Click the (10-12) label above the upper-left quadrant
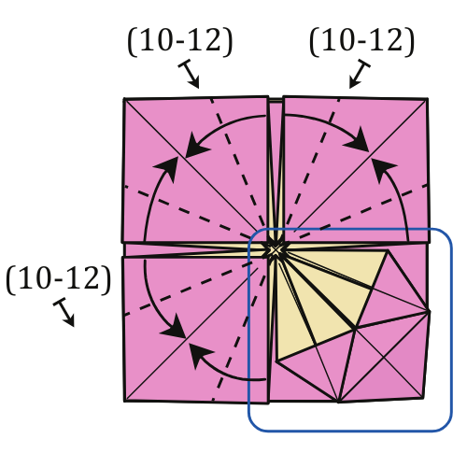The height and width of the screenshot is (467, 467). pos(180,42)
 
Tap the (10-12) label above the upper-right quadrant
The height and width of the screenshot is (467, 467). pos(361,42)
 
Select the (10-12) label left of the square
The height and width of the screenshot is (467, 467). pos(59,279)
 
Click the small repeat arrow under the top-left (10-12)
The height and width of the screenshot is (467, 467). pos(189,74)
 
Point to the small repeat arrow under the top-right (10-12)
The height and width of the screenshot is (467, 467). pos(360,74)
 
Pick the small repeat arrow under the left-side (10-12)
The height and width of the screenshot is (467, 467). pos(64,312)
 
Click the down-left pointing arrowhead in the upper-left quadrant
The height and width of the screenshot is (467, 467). pos(197,146)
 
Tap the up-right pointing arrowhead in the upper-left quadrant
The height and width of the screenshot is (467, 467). pos(167,169)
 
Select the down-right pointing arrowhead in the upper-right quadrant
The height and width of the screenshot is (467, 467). pos(357,139)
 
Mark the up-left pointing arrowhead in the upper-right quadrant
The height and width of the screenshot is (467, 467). pos(383,170)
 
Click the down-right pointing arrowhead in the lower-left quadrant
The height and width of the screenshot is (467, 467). pos(175,327)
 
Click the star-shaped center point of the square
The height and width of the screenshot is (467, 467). pos(275,250)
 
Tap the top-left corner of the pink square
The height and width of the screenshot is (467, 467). pos(124,99)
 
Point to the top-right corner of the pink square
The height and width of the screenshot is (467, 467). pos(428,99)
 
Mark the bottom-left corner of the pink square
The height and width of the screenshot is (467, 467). pos(124,401)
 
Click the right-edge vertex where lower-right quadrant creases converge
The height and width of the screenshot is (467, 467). pos(429,311)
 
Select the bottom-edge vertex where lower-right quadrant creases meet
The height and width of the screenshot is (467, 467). pos(339,402)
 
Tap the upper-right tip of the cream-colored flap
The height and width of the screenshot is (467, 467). pos(388,250)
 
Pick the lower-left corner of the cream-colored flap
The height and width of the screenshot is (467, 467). pos(276,361)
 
